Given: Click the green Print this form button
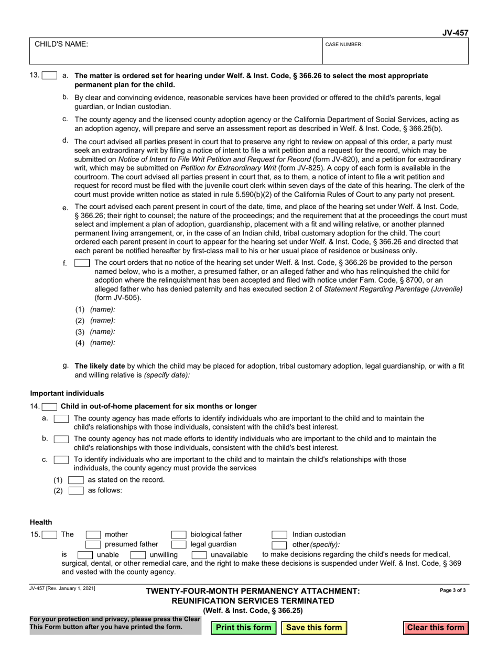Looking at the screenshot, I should [244, 628].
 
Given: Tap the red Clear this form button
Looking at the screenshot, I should [436, 628].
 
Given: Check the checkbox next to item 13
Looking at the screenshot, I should [49, 76].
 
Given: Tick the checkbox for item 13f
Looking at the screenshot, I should [82, 263].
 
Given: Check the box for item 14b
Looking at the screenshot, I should [61, 438].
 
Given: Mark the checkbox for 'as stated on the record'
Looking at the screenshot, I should [76, 480].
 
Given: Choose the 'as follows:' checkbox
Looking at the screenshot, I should [76, 491].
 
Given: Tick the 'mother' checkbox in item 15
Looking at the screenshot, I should [93, 535].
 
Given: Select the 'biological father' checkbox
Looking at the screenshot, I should [179, 535].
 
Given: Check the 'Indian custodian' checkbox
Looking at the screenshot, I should [279, 535].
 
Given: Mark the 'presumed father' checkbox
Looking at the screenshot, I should [93, 545].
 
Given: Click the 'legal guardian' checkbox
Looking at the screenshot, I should [179, 545].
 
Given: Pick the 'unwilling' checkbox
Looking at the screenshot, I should [138, 555].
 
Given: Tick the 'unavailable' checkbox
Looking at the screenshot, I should [199, 555].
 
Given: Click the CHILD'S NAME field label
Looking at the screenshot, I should [61, 45].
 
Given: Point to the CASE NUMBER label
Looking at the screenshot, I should [344, 45].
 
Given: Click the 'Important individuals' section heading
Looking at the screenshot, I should [67, 393].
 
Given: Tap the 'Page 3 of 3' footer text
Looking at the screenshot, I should [453, 590].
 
